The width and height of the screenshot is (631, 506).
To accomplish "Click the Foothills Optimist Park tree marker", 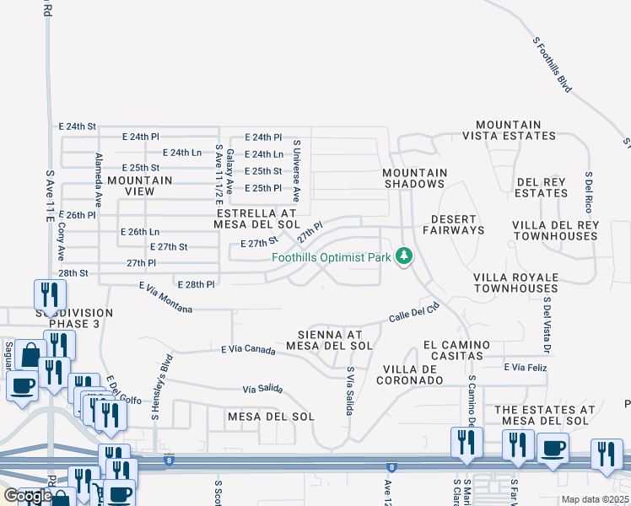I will (x=404, y=256).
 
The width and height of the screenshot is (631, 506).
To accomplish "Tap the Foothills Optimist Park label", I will (x=331, y=257).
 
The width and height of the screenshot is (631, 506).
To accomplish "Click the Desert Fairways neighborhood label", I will (x=453, y=224).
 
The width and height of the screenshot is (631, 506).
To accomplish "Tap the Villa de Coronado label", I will (x=413, y=374).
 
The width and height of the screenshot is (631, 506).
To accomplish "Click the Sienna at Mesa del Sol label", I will (x=329, y=340).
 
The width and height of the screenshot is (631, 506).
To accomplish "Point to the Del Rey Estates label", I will (x=542, y=187).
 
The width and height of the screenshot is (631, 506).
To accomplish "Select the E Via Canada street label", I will (x=250, y=348).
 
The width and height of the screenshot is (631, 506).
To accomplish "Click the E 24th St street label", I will (x=78, y=126).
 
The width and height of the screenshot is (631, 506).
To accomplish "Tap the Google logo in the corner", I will (x=28, y=495).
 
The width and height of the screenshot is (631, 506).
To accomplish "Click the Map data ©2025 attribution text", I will (x=595, y=499).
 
